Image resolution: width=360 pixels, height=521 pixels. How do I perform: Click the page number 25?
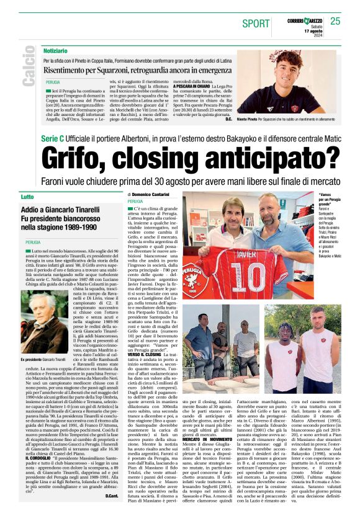tap(335, 22)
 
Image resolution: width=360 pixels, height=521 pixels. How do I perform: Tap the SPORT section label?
tap(256, 23)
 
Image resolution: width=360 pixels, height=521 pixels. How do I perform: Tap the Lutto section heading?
tap(28, 197)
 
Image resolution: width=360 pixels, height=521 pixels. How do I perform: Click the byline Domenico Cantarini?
tap(152, 195)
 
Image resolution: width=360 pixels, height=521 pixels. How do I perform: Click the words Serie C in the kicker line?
tap(55, 136)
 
